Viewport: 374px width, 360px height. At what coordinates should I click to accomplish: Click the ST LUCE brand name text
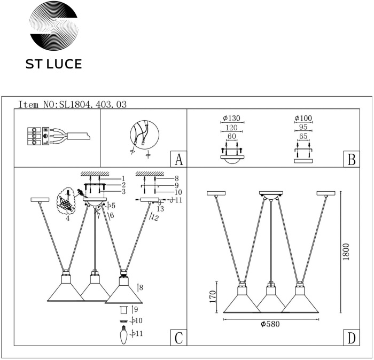click(54, 65)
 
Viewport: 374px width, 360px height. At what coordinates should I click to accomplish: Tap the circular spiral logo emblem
click(53, 27)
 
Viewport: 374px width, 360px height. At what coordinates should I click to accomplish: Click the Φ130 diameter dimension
click(232, 119)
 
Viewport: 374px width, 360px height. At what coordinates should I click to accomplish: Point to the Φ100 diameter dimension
click(303, 119)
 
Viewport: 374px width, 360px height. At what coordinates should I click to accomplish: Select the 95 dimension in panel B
click(303, 128)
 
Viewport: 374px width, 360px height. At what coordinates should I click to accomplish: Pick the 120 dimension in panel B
click(232, 128)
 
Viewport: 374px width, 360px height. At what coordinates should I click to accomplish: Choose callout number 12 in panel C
click(155, 217)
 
